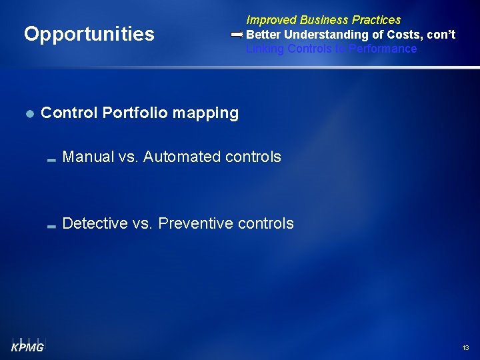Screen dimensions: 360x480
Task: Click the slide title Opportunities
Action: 89,34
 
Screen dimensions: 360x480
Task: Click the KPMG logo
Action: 27,344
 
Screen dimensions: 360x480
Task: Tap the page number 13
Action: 465,348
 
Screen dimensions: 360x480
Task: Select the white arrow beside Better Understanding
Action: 237,34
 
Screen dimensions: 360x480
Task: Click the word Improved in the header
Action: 271,20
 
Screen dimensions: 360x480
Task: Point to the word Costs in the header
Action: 395,34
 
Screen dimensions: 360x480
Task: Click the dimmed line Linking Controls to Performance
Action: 331,49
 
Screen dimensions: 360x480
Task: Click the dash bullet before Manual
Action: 51,160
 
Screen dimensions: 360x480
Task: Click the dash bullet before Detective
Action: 51,227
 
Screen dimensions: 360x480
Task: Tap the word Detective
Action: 95,223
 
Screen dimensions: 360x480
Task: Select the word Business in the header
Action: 323,20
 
